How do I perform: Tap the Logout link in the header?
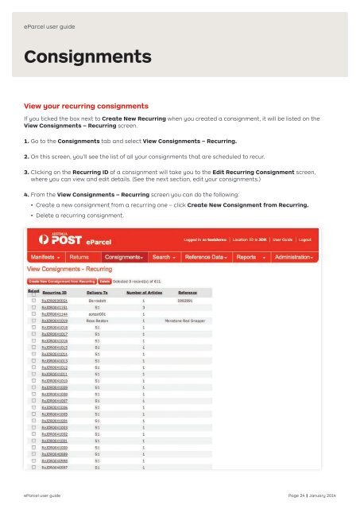(327, 238)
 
